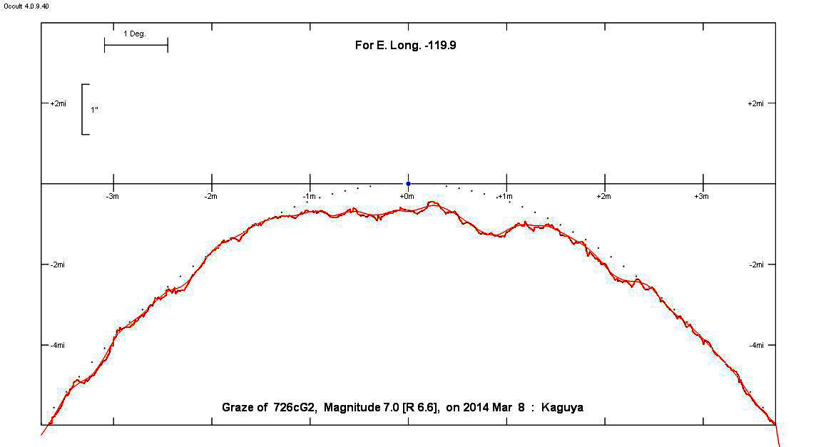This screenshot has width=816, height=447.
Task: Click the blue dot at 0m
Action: [408, 184]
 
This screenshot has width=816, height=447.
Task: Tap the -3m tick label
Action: [113, 196]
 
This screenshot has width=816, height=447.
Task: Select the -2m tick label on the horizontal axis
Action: [210, 196]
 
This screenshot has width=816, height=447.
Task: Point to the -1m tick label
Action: [308, 196]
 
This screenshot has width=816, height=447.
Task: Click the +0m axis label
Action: [407, 196]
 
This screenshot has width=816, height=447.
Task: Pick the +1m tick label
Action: [506, 196]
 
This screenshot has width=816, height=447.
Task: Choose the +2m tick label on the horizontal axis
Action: [603, 196]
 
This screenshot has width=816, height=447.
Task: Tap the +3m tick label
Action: [702, 196]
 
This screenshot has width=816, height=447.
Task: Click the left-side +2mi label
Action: [58, 103]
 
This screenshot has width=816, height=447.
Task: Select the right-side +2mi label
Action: [755, 103]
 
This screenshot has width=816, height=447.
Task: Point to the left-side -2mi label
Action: [58, 264]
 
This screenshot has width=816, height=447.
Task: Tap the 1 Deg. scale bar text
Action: [135, 34]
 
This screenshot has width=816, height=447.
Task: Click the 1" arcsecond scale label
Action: [94, 110]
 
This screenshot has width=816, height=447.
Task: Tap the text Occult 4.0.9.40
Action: [26, 6]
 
